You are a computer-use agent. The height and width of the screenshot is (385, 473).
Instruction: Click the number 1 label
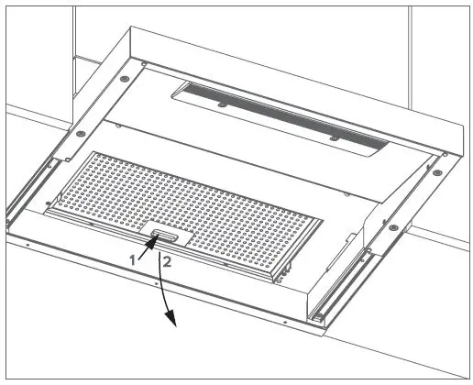(133, 260)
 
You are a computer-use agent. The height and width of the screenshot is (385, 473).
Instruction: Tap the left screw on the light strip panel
(222, 105)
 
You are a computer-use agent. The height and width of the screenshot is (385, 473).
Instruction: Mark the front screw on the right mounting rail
(391, 226)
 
